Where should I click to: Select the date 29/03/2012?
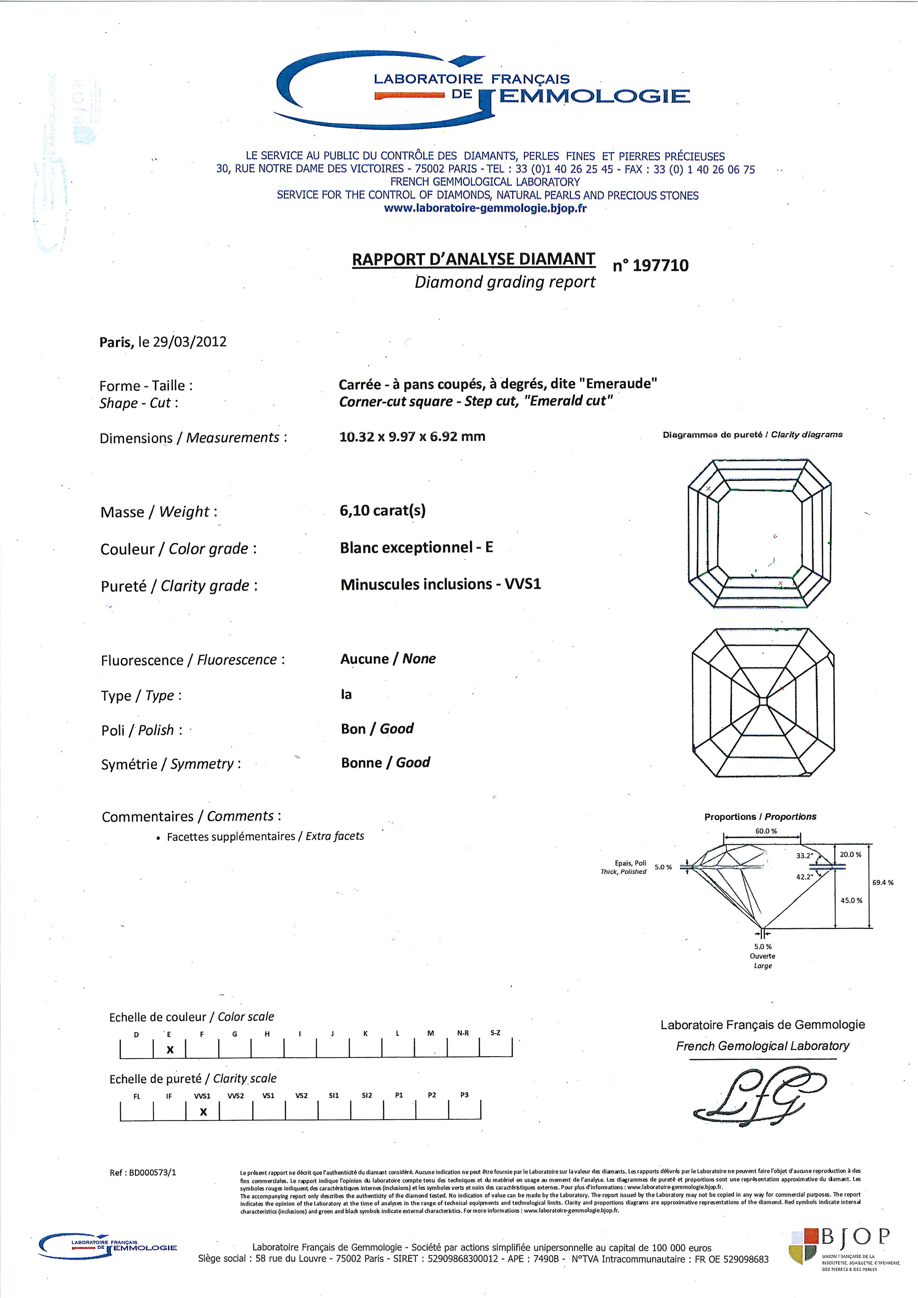tap(190, 342)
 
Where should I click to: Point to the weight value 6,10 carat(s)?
tap(383, 510)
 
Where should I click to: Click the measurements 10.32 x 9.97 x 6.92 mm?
tap(412, 436)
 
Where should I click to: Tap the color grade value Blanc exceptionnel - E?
tap(416, 547)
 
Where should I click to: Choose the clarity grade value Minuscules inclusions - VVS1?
tap(440, 584)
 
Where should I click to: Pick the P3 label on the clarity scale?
tap(464, 1095)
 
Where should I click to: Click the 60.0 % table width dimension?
tap(766, 831)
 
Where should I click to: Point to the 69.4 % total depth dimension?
tap(883, 882)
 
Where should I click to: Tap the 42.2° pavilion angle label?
tap(804, 877)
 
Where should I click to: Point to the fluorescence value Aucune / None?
tap(388, 658)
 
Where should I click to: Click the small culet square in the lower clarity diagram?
tap(764, 701)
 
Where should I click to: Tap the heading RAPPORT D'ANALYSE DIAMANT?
tap(473, 259)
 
